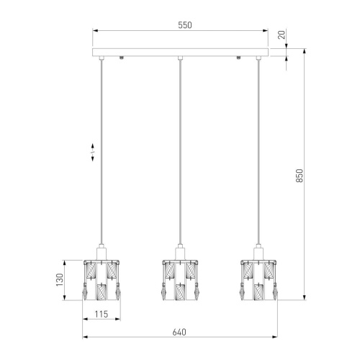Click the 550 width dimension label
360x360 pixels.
pos(185,25)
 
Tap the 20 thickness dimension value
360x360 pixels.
pos(282,35)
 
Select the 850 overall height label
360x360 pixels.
pos(300,176)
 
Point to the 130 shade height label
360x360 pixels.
pos(59,279)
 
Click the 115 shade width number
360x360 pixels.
pos(102,314)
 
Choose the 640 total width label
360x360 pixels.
pos(179,332)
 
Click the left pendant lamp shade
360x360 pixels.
pos(102,280)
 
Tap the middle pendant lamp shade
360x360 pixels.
pos(180,280)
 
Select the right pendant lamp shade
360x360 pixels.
pos(258,280)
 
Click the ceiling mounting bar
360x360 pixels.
pos(180,52)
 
